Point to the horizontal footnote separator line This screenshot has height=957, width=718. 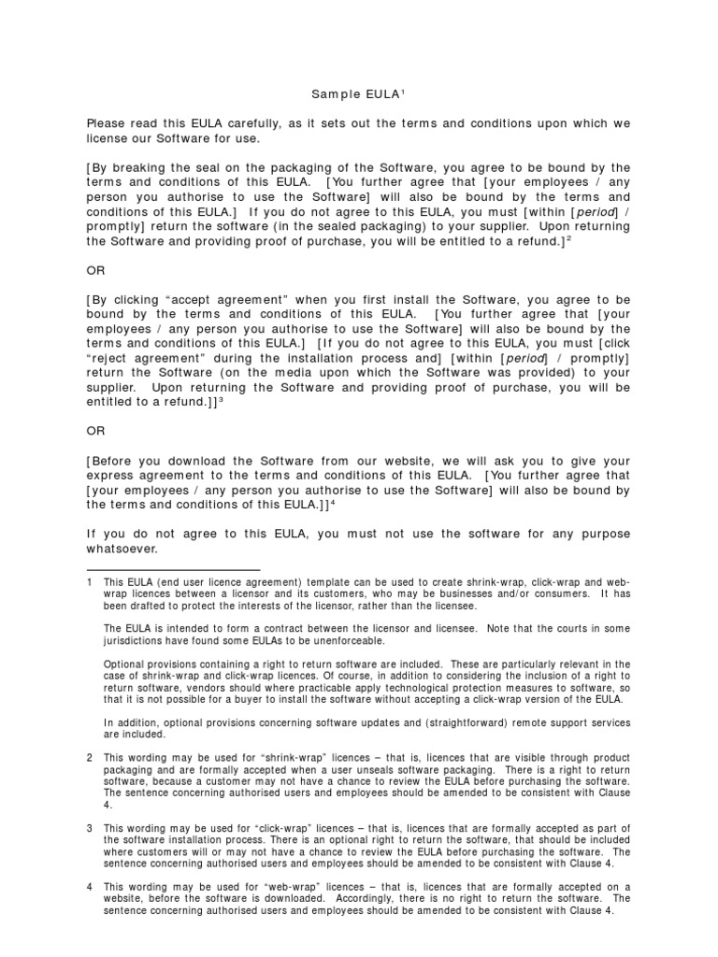(173, 569)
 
